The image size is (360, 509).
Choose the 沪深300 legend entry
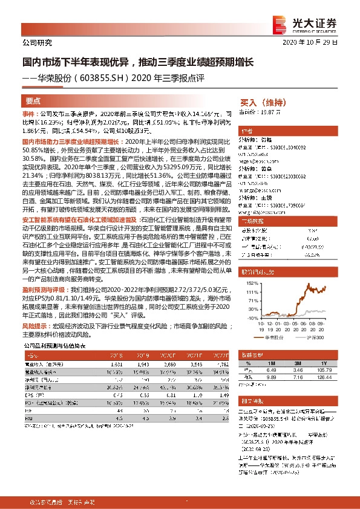pos(313,338)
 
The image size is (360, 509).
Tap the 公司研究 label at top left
pos(37,43)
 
